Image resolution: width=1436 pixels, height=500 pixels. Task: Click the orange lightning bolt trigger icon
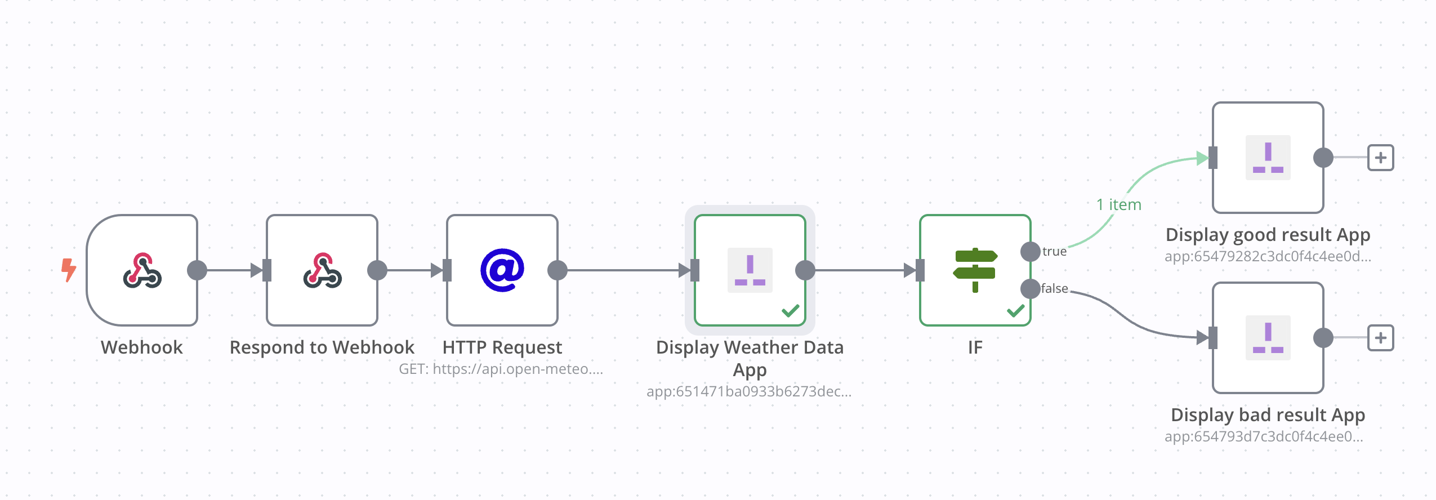click(x=68, y=270)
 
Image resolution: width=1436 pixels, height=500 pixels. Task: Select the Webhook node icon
click(x=142, y=270)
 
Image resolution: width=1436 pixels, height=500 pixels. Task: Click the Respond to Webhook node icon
click(x=322, y=270)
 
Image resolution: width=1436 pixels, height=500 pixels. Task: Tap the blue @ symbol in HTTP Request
click(x=502, y=270)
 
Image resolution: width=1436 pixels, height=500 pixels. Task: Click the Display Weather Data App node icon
click(x=750, y=270)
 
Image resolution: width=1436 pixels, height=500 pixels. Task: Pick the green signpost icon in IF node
click(x=975, y=270)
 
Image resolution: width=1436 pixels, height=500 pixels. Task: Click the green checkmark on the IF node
click(x=1015, y=311)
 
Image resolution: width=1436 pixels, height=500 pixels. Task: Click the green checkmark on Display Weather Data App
click(x=791, y=311)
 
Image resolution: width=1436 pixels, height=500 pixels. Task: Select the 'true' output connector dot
click(x=1031, y=251)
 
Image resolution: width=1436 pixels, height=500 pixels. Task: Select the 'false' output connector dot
click(x=1031, y=289)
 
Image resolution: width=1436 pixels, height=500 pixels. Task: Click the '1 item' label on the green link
click(x=1118, y=204)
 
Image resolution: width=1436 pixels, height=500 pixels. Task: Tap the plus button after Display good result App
click(x=1380, y=158)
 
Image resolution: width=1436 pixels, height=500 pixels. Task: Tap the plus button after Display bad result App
click(x=1380, y=338)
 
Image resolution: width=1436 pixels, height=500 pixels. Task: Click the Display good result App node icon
click(x=1268, y=158)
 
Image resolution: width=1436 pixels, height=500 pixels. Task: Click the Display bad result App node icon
click(x=1268, y=338)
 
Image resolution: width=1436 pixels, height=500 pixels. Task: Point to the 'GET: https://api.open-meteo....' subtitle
click(x=501, y=369)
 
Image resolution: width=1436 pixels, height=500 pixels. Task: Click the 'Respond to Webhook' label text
click(x=322, y=347)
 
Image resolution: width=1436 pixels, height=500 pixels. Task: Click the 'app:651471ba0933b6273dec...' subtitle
click(x=749, y=391)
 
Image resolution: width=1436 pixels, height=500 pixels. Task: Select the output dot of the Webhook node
click(x=197, y=270)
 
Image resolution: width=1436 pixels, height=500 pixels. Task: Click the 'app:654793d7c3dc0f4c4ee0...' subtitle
click(x=1264, y=436)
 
